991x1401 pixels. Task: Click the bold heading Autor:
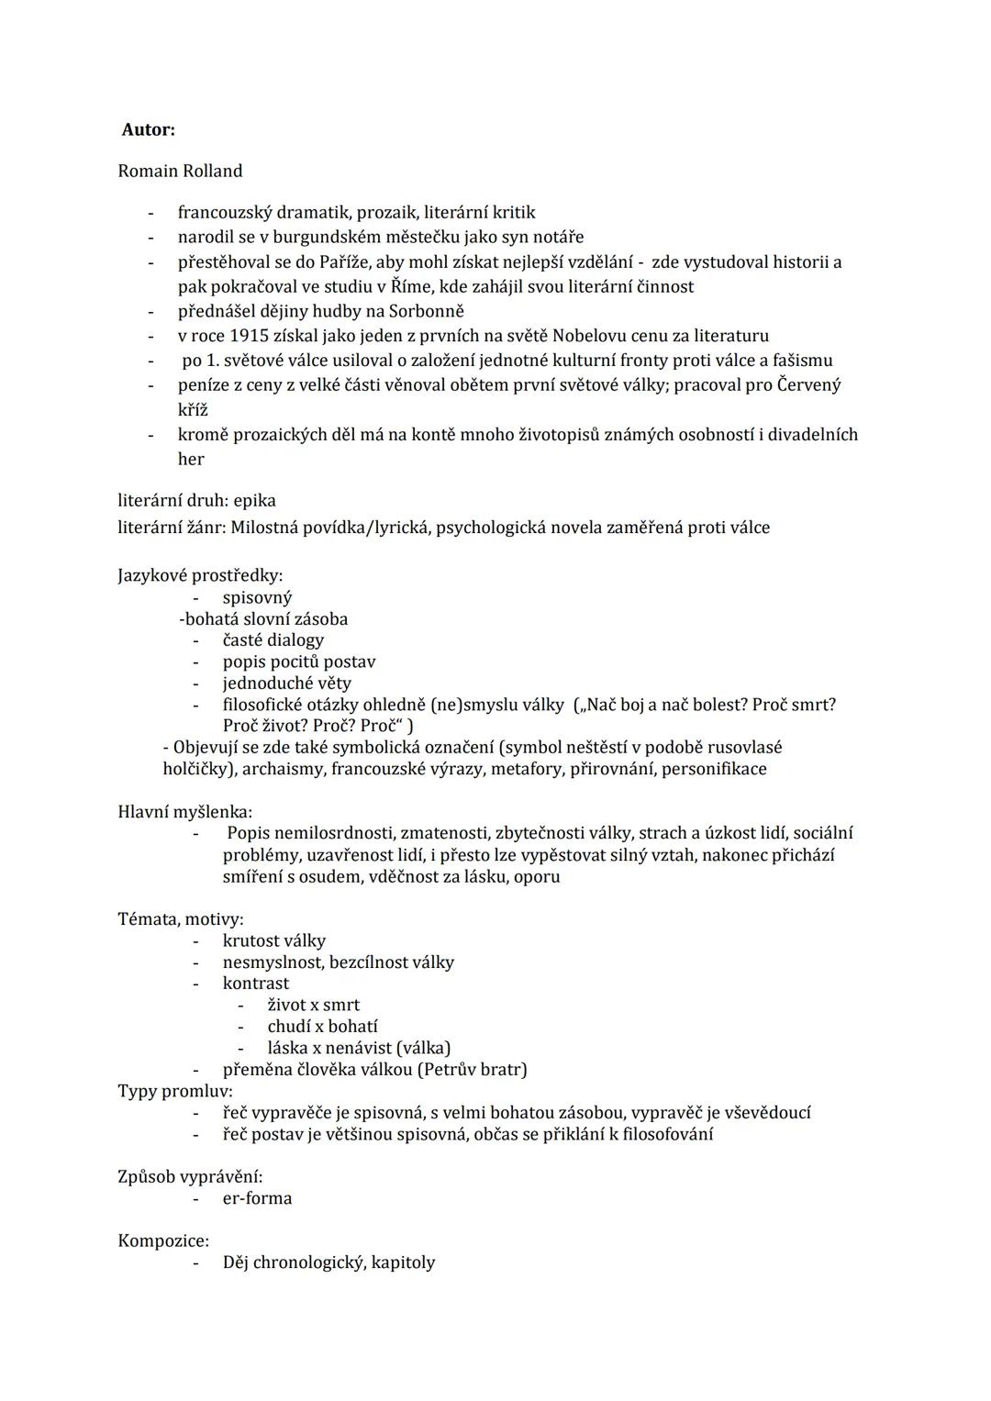(x=149, y=129)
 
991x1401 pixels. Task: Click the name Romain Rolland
(x=180, y=171)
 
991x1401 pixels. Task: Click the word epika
(x=254, y=500)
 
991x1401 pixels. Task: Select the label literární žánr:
(x=172, y=528)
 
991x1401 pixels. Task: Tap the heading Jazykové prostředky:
(x=200, y=575)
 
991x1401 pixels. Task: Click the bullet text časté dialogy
(x=273, y=639)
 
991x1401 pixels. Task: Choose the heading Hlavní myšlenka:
(x=184, y=811)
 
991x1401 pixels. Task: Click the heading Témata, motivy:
(x=181, y=918)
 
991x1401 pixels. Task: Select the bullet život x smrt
(x=313, y=1005)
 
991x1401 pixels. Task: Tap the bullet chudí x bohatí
(x=322, y=1026)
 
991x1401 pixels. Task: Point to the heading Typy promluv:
(x=174, y=1091)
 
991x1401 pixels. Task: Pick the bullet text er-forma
(x=257, y=1198)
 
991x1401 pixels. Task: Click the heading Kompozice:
(x=163, y=1240)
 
